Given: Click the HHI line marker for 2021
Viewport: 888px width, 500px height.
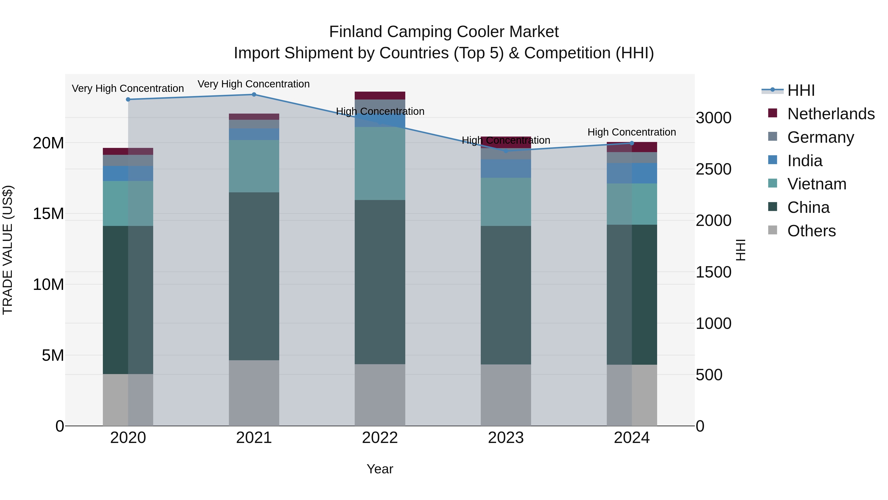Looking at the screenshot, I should [254, 95].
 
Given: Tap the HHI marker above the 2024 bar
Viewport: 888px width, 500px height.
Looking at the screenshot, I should [632, 143].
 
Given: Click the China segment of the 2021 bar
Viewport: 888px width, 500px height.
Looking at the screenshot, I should [254, 276].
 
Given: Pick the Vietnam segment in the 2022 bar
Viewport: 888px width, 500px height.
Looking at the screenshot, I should [380, 163].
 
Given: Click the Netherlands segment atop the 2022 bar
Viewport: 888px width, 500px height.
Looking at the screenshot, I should [380, 96].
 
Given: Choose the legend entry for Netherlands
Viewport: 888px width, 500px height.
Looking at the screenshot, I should [831, 114].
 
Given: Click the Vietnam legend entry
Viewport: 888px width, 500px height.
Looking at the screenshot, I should [817, 184].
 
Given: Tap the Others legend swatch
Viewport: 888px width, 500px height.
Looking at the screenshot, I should [773, 230].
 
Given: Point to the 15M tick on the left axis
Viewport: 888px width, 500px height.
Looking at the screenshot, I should [48, 214].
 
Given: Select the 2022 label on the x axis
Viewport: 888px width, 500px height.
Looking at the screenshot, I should [380, 438].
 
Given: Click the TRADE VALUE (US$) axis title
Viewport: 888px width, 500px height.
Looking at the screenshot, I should [8, 250].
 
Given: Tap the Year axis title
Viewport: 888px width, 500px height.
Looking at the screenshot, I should [380, 469].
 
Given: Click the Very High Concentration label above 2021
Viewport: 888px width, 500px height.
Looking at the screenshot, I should [254, 84].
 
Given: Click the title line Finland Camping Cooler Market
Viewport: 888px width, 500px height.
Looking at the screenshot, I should [444, 32].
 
